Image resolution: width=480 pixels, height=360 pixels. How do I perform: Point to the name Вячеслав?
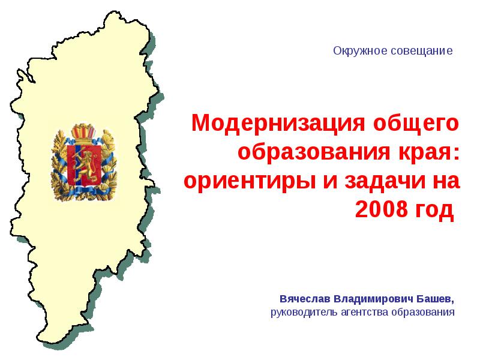point(305,298)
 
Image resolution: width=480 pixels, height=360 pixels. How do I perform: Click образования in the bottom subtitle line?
point(423,312)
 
